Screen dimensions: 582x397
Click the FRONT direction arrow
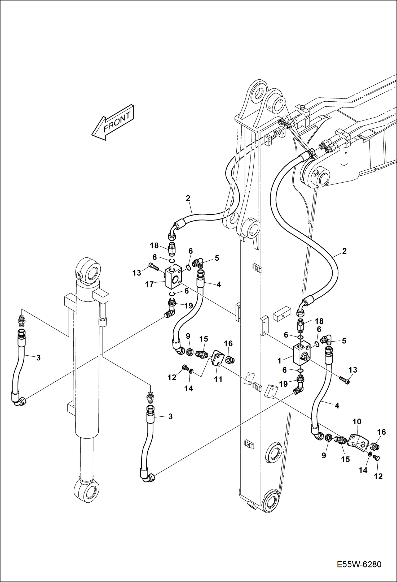(113, 122)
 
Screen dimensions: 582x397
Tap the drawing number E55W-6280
(359, 564)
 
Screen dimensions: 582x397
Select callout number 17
(149, 284)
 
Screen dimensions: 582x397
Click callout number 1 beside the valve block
(279, 361)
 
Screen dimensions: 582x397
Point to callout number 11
(218, 379)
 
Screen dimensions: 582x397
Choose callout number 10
(357, 421)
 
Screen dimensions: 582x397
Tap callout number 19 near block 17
(188, 306)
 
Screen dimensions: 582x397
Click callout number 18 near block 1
(319, 321)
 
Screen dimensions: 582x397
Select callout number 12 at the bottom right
(378, 476)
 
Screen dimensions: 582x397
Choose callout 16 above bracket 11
(228, 343)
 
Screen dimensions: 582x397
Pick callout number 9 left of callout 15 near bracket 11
(188, 336)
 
